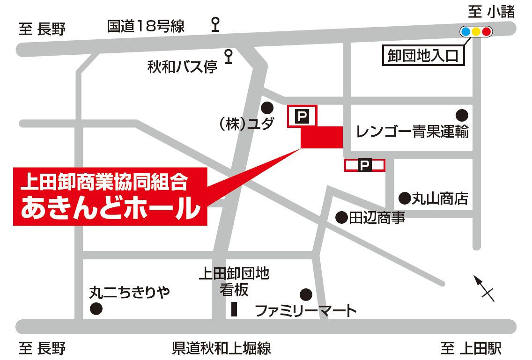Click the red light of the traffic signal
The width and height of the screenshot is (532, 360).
pyautogui.click(x=487, y=32)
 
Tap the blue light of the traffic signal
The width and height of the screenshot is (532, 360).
pyautogui.click(x=465, y=32)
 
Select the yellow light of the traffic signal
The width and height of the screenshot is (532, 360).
pyautogui.click(x=476, y=32)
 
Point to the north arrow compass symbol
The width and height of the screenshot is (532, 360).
pyautogui.click(x=483, y=287)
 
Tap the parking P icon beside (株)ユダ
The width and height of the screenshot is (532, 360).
pyautogui.click(x=303, y=116)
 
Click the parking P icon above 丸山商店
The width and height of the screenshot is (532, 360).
pyautogui.click(x=364, y=165)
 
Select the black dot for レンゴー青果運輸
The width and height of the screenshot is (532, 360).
pyautogui.click(x=462, y=115)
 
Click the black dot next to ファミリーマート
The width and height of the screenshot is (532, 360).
pyautogui.click(x=306, y=294)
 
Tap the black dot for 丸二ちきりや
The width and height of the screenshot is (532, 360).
pyautogui.click(x=96, y=309)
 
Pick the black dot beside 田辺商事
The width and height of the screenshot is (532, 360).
pyautogui.click(x=342, y=217)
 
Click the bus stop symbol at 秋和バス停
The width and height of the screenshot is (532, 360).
pyautogui.click(x=229, y=56)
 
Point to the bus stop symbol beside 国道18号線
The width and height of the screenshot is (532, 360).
pyautogui.click(x=215, y=23)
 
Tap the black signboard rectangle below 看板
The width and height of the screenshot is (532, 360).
pyautogui.click(x=235, y=309)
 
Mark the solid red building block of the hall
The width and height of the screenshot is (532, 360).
pyautogui.click(x=322, y=137)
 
